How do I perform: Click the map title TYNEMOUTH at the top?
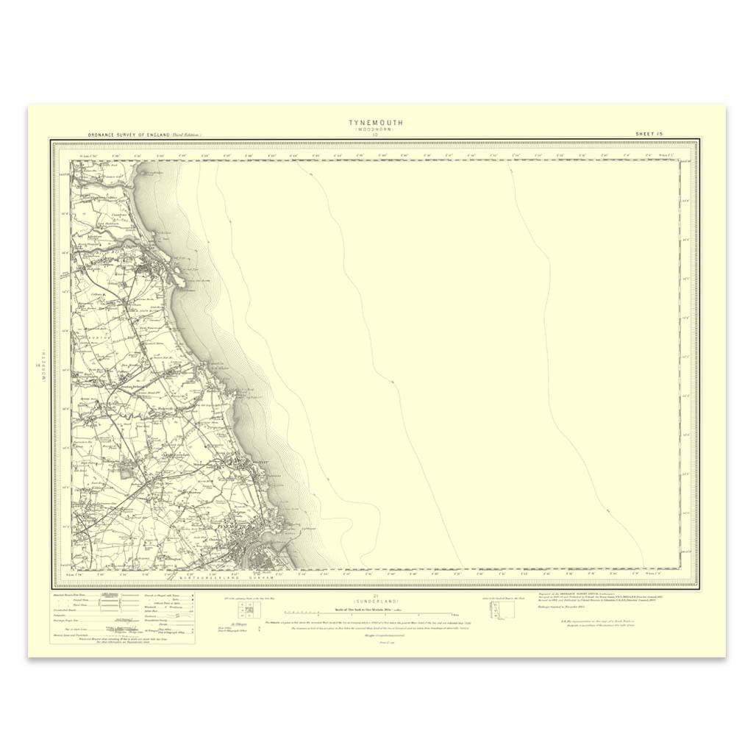(375, 123)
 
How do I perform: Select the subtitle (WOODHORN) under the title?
(375, 129)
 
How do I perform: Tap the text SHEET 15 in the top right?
(649, 134)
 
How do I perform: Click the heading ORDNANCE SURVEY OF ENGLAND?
(129, 135)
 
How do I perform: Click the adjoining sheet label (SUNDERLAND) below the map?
(375, 602)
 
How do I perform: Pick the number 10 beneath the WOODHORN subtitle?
(375, 135)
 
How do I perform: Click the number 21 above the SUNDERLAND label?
(375, 596)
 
